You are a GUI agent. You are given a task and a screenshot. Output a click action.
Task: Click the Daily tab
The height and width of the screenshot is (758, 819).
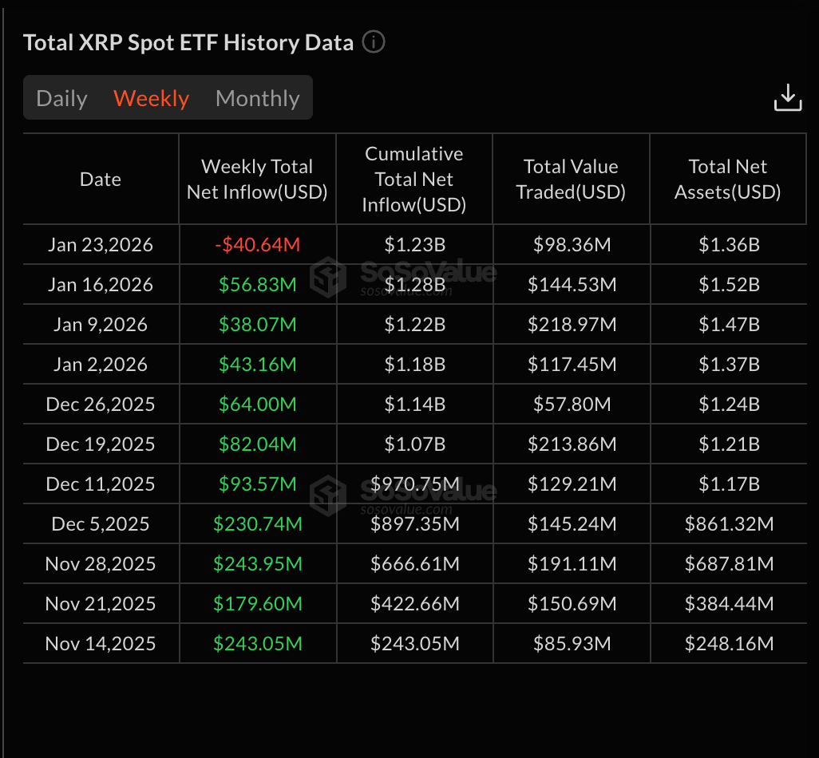61,98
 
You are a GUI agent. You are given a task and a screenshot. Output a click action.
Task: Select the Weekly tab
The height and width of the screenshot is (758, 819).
151,98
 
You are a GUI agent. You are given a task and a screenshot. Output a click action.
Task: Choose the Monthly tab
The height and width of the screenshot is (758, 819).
257,98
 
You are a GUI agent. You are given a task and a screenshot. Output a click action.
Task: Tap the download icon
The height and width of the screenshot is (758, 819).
787,97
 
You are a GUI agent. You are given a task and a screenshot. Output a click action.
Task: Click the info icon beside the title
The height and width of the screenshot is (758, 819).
374,41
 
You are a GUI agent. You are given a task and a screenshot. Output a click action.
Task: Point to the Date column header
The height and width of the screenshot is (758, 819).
101,180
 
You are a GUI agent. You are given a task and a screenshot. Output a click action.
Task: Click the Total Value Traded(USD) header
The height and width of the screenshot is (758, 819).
571,180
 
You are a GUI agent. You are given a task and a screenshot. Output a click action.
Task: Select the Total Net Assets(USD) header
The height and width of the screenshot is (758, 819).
727,180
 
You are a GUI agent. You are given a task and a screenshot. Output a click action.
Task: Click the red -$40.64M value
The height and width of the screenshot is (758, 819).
257,245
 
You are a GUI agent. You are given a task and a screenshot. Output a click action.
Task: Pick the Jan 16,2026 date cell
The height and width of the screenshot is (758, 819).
101,285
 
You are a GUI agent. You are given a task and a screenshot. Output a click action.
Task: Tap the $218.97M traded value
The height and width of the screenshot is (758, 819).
572,325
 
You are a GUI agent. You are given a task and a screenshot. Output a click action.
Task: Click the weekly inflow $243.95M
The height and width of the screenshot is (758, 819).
257,564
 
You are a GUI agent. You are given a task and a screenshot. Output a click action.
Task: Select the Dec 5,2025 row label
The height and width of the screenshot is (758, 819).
101,524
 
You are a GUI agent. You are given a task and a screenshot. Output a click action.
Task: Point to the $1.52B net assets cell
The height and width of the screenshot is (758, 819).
729,285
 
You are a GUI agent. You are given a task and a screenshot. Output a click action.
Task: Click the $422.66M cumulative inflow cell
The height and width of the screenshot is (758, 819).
414,604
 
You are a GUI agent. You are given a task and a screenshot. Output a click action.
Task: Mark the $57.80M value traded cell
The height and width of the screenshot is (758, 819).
572,405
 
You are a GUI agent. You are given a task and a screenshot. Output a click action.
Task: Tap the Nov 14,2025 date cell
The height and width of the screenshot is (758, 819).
101,644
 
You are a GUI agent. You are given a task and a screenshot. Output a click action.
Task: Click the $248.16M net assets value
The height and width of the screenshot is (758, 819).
729,644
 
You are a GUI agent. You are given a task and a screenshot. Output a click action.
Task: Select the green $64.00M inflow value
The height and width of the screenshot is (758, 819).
257,405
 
